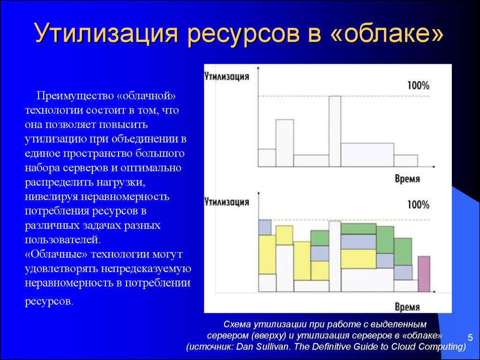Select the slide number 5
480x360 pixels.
click(x=470, y=337)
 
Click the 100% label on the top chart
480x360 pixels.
click(x=418, y=85)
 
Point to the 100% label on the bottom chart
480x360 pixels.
click(x=418, y=204)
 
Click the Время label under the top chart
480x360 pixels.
click(x=407, y=179)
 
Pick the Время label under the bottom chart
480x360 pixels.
click(x=407, y=307)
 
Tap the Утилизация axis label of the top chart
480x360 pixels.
click(x=226, y=76)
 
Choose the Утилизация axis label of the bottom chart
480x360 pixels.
click(x=226, y=202)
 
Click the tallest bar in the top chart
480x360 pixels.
click(x=335, y=131)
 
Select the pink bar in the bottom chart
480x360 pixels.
click(x=424, y=274)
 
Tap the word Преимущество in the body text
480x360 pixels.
click(x=75, y=96)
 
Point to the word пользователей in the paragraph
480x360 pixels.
click(x=62, y=240)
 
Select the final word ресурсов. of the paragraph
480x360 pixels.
click(x=49, y=301)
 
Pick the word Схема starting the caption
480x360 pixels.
click(x=236, y=324)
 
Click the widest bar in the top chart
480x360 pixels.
click(x=367, y=155)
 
